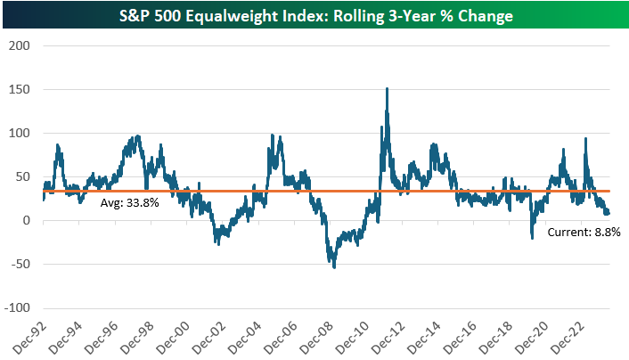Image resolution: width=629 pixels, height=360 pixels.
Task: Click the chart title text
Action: point(314,16)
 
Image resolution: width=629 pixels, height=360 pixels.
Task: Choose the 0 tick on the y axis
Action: point(26,220)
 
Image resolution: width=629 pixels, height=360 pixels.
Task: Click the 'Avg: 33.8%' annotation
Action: point(129,203)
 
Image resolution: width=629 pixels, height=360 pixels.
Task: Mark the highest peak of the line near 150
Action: point(387,88)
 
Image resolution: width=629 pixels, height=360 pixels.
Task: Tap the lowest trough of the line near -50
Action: point(334,266)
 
